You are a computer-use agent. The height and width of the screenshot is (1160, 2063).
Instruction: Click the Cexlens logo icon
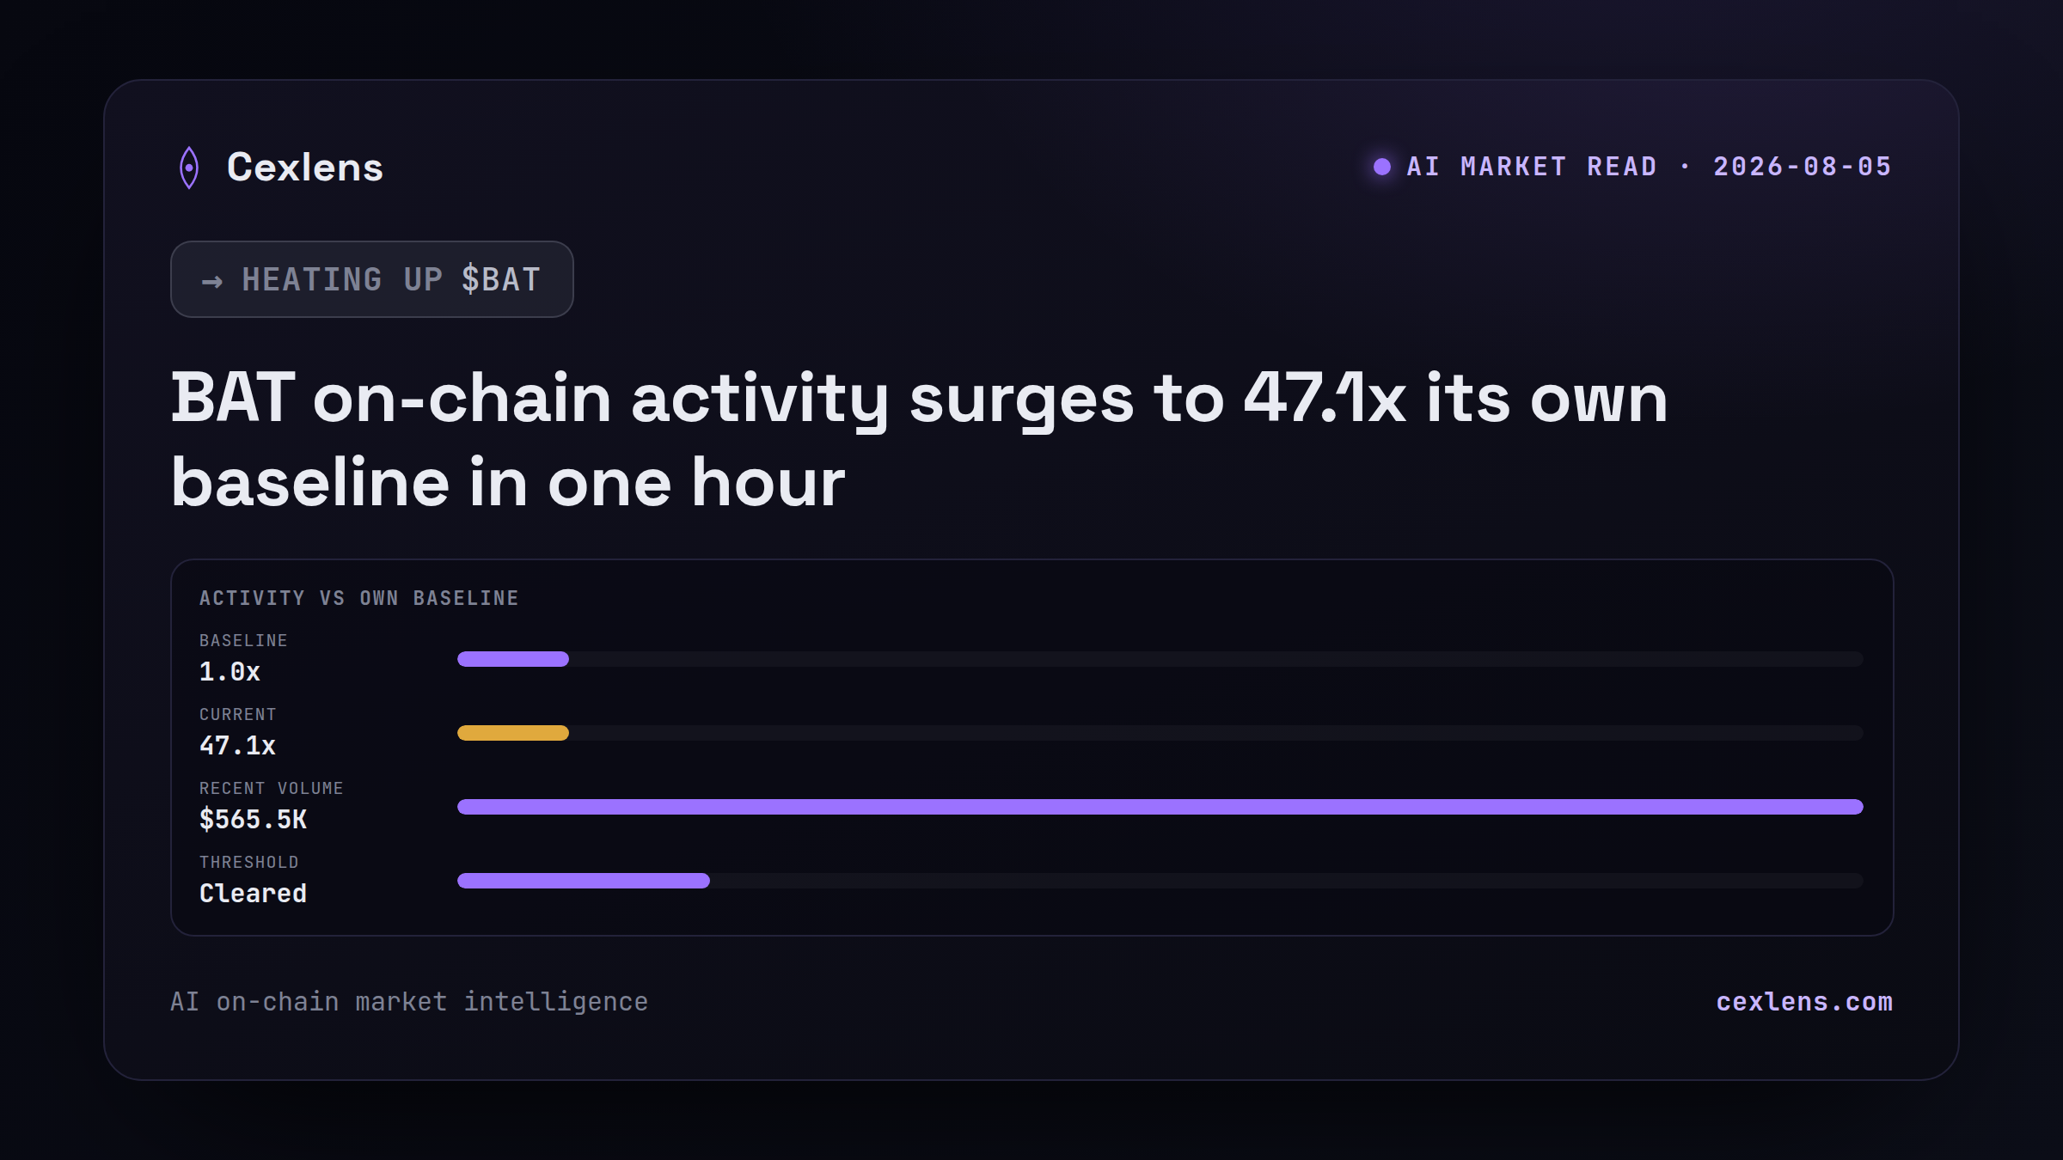pyautogui.click(x=189, y=168)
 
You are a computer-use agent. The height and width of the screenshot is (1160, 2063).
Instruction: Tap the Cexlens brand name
pyautogui.click(x=305, y=167)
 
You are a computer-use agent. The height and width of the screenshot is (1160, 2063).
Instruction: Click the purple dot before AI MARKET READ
pyautogui.click(x=1382, y=167)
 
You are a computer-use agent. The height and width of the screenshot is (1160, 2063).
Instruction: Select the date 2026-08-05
pyautogui.click(x=1803, y=167)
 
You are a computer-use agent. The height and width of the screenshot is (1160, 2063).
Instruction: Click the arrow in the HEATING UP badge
pyautogui.click(x=212, y=281)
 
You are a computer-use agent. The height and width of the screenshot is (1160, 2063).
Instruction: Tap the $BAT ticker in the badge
pyautogui.click(x=501, y=279)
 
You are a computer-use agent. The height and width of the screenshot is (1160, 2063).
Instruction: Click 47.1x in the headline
pyautogui.click(x=1325, y=398)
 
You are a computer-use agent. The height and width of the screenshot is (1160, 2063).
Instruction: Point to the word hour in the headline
pyautogui.click(x=768, y=482)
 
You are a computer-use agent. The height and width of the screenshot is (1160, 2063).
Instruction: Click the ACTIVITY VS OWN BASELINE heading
pyautogui.click(x=359, y=598)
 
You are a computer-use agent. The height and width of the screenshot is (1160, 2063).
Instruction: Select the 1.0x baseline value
pyautogui.click(x=230, y=671)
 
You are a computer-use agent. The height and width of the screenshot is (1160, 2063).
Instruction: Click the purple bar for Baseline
pyautogui.click(x=513, y=659)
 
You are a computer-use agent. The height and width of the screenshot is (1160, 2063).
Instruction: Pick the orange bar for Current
pyautogui.click(x=513, y=733)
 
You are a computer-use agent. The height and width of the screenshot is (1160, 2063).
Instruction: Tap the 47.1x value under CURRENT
pyautogui.click(x=237, y=745)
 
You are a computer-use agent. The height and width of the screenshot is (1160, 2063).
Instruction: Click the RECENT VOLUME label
pyautogui.click(x=272, y=788)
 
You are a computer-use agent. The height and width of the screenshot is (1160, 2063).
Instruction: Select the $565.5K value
pyautogui.click(x=253, y=819)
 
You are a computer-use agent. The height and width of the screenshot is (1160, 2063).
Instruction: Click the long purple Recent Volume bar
pyautogui.click(x=1160, y=807)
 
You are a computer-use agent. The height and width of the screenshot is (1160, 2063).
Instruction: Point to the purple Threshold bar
pyautogui.click(x=584, y=881)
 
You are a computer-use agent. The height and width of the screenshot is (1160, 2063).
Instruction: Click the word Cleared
pyautogui.click(x=253, y=893)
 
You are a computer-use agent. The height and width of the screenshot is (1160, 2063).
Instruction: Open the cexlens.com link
pyautogui.click(x=1804, y=1002)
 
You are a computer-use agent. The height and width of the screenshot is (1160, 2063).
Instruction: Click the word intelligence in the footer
pyautogui.click(x=556, y=1003)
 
